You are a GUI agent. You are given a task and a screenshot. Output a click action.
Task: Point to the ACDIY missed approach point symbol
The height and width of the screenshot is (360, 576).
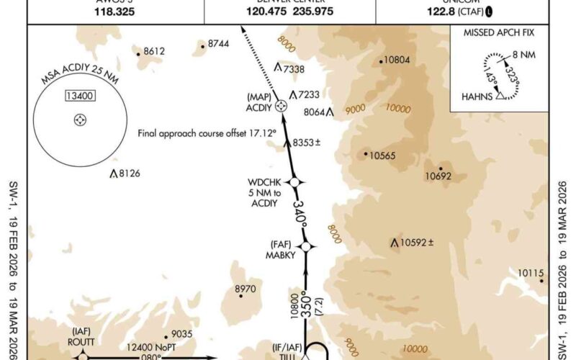pyautogui.click(x=282, y=105)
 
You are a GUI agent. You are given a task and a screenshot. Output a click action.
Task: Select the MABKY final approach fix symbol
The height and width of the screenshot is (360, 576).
pyautogui.click(x=306, y=246)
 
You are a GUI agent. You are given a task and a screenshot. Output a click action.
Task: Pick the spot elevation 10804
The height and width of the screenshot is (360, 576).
pyautogui.click(x=397, y=60)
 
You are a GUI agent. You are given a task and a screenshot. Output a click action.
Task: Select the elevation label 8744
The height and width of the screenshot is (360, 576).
pyautogui.click(x=217, y=44)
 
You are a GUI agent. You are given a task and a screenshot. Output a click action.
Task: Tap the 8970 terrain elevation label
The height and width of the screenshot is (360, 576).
pyautogui.click(x=246, y=289)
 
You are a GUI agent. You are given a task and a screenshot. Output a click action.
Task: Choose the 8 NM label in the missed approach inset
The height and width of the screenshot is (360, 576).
pyautogui.click(x=528, y=55)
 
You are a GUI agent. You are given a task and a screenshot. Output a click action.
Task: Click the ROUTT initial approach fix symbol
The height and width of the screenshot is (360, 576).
pyautogui.click(x=82, y=356)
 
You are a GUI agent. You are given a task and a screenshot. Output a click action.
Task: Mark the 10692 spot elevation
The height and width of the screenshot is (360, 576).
pyautogui.click(x=438, y=175)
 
